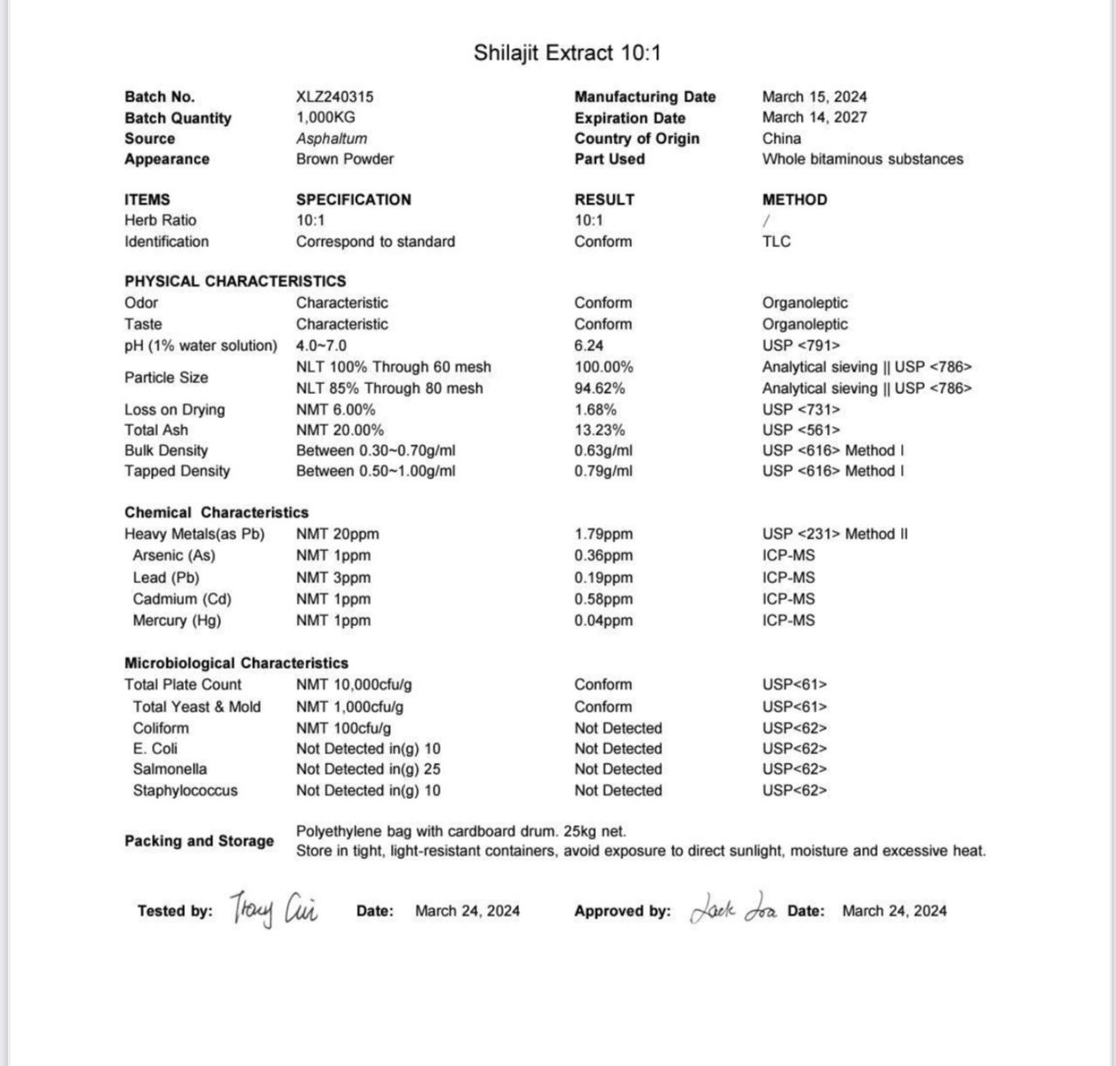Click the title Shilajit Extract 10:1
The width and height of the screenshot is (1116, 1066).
[x=567, y=53]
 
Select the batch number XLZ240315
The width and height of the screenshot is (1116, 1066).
[x=334, y=97]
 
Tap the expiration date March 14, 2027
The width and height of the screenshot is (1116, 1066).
[x=814, y=117]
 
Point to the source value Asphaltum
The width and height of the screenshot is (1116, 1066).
[x=331, y=138]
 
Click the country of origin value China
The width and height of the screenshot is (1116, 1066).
[x=781, y=138]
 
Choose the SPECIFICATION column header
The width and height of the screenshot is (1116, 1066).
[x=353, y=199]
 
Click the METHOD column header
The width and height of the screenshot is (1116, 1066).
[x=794, y=199]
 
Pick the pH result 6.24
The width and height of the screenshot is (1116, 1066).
[x=588, y=345]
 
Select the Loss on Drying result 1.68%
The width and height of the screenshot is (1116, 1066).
[x=595, y=409]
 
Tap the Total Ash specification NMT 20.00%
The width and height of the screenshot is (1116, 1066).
[x=339, y=430]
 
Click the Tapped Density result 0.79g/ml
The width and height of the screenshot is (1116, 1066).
[x=603, y=471]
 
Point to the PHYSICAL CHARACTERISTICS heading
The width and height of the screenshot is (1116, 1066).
[x=235, y=281]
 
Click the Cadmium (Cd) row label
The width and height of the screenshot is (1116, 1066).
[x=181, y=599]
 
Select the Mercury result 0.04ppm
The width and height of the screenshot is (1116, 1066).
[x=603, y=621]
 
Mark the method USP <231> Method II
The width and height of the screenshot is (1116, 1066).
[x=834, y=533]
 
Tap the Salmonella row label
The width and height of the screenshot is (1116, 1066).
[x=169, y=769]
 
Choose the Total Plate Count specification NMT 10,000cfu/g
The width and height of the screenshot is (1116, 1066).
[x=353, y=684]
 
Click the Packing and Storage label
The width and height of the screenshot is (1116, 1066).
[x=199, y=841]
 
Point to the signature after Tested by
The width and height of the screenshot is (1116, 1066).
[x=274, y=910]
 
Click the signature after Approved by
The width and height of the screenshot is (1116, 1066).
[x=733, y=910]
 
